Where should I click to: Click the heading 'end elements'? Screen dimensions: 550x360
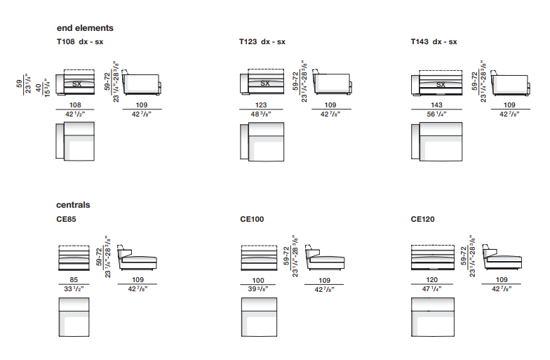(x=85, y=28)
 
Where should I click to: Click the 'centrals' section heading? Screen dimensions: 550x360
(x=73, y=205)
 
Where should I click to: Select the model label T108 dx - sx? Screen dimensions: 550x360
(x=80, y=42)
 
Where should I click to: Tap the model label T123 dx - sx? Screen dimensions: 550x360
(x=262, y=42)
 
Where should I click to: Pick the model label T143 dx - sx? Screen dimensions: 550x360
(x=434, y=42)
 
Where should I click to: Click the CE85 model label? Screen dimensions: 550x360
(x=66, y=219)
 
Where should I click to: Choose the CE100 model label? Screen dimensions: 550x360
(x=252, y=219)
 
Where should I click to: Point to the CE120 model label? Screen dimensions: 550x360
(x=422, y=219)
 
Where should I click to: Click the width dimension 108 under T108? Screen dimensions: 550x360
(x=75, y=105)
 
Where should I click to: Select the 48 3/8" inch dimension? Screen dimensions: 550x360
(x=261, y=114)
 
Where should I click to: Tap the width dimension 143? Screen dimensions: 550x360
(x=436, y=105)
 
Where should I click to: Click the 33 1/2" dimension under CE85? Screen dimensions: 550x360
(x=74, y=289)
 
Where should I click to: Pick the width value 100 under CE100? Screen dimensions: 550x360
(x=258, y=281)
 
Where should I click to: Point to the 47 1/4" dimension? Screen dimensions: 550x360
(x=432, y=289)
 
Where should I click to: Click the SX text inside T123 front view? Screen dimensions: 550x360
(x=265, y=83)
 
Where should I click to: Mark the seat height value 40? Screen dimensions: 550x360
(x=38, y=87)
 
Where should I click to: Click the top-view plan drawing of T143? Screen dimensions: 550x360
(x=436, y=142)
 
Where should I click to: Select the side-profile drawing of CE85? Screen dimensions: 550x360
(x=137, y=258)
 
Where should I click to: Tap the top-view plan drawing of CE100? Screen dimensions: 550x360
(x=259, y=317)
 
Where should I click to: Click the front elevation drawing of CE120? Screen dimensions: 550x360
(x=432, y=258)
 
